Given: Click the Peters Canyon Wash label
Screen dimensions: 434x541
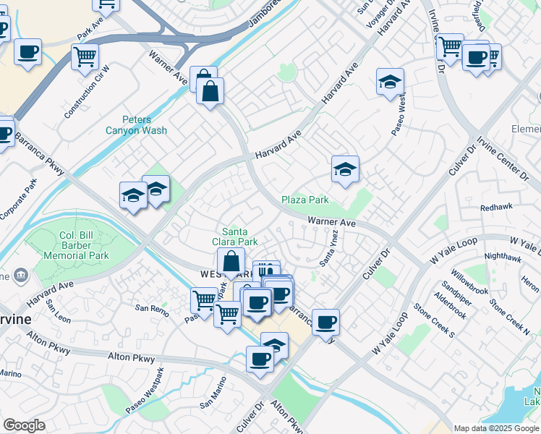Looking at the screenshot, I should tap(136, 124).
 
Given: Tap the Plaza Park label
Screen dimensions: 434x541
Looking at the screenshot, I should tap(304, 200).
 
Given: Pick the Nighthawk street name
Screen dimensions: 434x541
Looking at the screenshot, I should tap(503, 257).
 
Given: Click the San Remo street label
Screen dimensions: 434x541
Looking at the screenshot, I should tap(153, 308).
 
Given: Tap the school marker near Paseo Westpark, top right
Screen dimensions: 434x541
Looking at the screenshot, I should tap(390, 82).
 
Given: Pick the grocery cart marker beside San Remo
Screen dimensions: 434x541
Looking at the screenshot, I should tap(205, 300).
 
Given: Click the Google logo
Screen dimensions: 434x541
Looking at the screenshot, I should tap(24, 425).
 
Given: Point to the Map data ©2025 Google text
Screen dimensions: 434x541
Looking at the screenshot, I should tap(495, 428).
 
